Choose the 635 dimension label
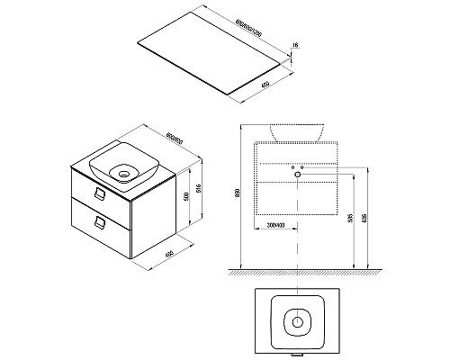pyautogui.click(x=364, y=219)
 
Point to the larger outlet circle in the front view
pyautogui.click(x=301, y=168)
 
